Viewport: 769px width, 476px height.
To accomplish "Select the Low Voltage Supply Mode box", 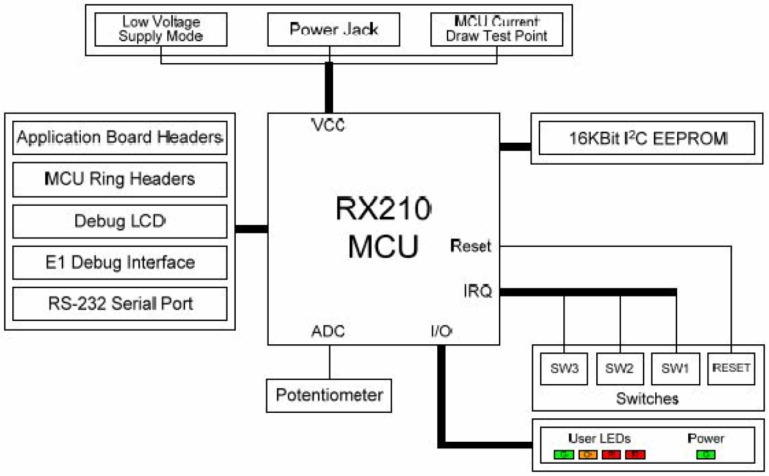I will click(x=161, y=29).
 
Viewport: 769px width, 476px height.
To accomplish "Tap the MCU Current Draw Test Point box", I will click(x=496, y=29).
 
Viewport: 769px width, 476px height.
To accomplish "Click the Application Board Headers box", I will click(x=120, y=137).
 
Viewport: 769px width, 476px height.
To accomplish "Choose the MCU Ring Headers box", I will click(x=120, y=179).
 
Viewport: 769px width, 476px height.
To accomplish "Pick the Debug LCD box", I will click(x=120, y=221).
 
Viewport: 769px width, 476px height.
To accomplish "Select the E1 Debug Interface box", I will click(x=120, y=263).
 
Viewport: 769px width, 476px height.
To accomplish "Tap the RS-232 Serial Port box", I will click(x=120, y=304).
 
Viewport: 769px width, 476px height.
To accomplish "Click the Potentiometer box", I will click(x=329, y=395).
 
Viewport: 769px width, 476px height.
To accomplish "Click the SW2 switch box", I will click(x=619, y=368).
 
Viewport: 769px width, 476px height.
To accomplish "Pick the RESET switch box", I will click(x=731, y=368).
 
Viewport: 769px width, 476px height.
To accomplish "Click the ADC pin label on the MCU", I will click(x=328, y=331).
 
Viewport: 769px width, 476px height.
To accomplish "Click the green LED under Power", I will click(x=706, y=455).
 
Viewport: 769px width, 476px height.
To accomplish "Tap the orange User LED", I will click(x=588, y=455).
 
